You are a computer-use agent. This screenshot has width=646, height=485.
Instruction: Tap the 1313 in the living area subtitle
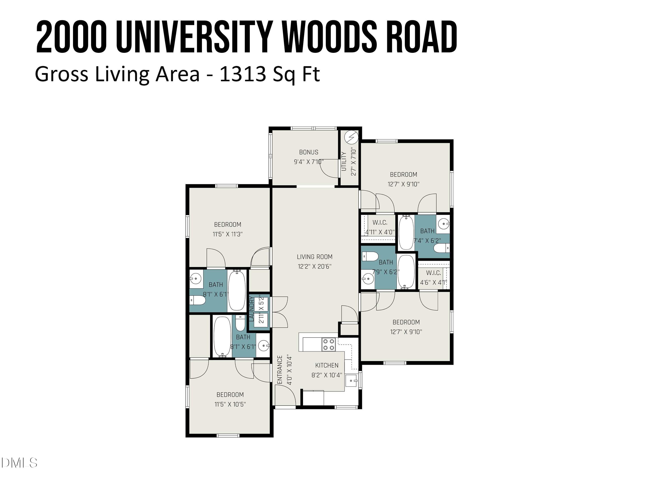(243, 74)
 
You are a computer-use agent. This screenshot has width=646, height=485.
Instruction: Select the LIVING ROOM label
(315, 257)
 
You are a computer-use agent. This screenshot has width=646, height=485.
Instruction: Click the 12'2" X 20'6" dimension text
(315, 267)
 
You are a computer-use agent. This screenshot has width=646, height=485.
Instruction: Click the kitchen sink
(351, 381)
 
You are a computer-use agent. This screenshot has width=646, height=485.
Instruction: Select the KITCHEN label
(327, 365)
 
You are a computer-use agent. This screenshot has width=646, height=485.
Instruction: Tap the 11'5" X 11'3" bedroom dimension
(228, 234)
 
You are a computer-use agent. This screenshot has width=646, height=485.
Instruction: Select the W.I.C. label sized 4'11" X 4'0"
(380, 223)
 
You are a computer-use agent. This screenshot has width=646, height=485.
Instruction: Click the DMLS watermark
(19, 463)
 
